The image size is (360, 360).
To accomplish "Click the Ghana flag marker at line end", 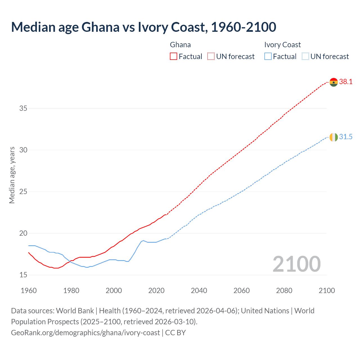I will point(334,82).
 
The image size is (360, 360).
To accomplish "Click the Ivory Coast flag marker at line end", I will point(334,137).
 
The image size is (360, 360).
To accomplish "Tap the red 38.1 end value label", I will point(346,82).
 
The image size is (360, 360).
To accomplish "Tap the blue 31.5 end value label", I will point(346,137).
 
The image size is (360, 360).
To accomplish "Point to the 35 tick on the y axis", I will point(23,108).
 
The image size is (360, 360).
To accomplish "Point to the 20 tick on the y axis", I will point(23,233).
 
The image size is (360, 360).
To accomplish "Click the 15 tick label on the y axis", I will point(23,275).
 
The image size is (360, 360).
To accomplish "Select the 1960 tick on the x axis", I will point(29,291).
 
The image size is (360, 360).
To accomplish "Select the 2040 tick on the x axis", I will point(199,291).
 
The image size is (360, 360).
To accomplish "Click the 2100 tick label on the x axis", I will point(327,291).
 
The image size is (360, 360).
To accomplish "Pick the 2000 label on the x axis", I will point(114,291).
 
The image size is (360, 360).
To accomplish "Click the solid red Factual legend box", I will point(174,57).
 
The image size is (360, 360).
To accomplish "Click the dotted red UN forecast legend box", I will point(211,57).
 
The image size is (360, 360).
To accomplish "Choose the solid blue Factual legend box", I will point(268,57).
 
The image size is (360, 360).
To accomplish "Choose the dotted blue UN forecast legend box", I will point(305,57).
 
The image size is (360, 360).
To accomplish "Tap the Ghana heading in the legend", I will point(180,45).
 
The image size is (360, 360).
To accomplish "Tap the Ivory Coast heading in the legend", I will point(282,45).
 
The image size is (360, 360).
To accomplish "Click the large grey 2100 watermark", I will point(296,264).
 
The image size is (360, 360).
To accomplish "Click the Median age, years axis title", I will point(12,175).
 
